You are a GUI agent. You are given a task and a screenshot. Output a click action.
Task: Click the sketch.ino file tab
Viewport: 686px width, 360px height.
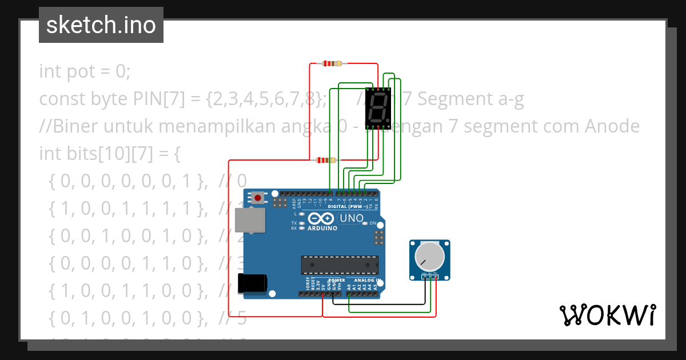(x=101, y=25)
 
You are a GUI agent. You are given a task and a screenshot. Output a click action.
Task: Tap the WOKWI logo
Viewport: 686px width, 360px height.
(x=607, y=315)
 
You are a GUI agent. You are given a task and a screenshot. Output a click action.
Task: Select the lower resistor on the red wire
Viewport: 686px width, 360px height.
(x=326, y=160)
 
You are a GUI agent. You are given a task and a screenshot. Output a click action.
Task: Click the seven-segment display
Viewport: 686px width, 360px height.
(x=377, y=107)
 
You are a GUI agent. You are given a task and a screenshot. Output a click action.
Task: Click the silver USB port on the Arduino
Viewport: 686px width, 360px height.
(x=251, y=221)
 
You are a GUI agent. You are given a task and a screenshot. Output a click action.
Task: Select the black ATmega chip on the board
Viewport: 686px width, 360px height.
(x=340, y=265)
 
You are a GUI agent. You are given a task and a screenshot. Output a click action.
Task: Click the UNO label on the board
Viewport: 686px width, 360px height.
(x=352, y=218)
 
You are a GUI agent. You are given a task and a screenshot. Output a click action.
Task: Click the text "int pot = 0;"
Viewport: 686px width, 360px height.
(x=85, y=72)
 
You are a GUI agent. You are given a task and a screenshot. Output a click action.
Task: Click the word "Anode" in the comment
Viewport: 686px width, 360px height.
(x=613, y=126)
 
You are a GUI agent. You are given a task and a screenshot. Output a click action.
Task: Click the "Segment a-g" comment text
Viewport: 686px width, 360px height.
(x=470, y=99)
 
